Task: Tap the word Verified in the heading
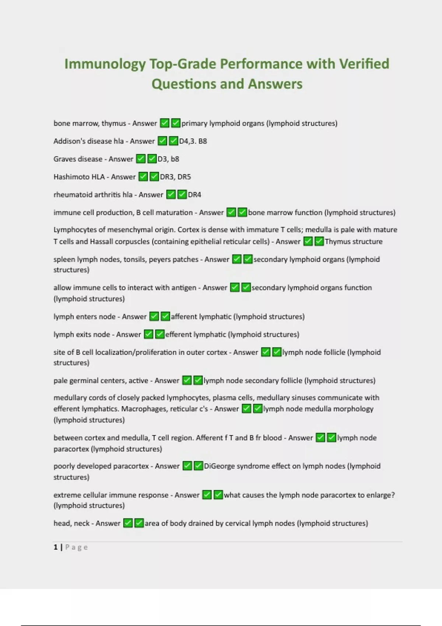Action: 364,64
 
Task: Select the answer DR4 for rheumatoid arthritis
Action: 194,195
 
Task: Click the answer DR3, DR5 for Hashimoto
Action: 175,177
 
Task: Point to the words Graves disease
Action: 78,159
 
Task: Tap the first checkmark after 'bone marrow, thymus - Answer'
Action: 164,123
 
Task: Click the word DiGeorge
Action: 218,466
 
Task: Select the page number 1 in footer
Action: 56,547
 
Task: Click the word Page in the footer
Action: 77,547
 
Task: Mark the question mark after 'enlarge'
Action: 393,495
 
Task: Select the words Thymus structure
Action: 354,242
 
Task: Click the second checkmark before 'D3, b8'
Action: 152,159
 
